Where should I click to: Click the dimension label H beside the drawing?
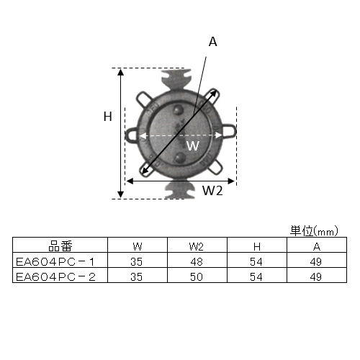coord(107,117)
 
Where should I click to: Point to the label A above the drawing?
coord(212,42)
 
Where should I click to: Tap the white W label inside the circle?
coord(192,145)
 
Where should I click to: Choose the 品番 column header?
coord(60,245)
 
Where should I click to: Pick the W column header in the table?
coord(136,245)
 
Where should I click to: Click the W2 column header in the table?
coord(197,245)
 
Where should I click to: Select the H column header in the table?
coord(257,245)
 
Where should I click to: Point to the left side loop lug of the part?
coord(132,133)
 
